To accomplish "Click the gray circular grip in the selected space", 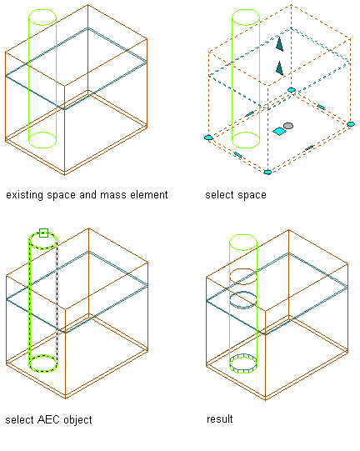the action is coord(288,126).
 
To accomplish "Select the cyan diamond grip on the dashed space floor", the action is coord(279,132).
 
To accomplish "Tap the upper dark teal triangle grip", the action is coord(279,44).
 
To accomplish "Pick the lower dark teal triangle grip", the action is coord(279,68).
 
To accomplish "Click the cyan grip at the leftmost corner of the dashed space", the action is coord(208,138).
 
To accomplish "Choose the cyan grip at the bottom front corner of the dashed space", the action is coord(267,172).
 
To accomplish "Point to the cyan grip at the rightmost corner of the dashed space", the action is coord(351,124).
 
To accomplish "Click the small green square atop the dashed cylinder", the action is coord(43,233).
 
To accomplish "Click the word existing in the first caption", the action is coord(24,195).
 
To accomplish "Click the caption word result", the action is coord(220,418).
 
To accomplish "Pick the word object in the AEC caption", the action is coord(77,420).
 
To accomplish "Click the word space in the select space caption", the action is coord(252,195).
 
